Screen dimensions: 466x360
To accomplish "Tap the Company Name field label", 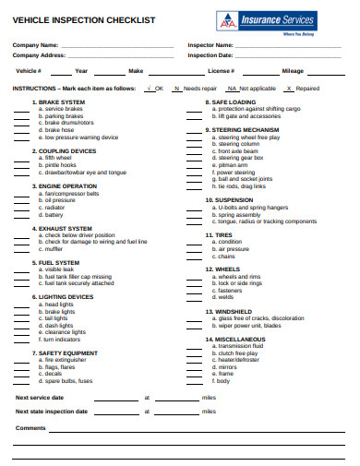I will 35,44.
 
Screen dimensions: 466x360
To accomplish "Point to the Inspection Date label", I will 210,54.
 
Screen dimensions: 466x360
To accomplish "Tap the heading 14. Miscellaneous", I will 239,340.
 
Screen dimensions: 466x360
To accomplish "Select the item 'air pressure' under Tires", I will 233,248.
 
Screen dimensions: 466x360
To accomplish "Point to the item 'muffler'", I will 54,248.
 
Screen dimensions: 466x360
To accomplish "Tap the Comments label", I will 30,427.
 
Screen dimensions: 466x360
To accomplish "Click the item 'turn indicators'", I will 62,339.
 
